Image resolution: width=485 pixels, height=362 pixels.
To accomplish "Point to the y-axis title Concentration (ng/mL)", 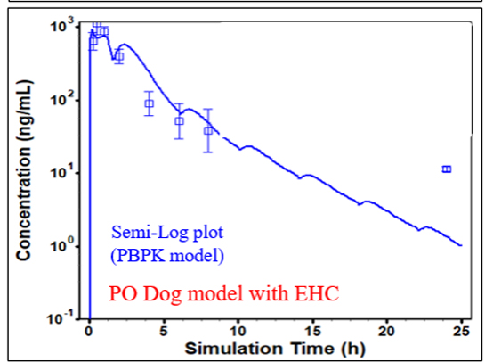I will [x=25, y=174].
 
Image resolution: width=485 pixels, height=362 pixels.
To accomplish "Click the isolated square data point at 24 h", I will [x=447, y=169].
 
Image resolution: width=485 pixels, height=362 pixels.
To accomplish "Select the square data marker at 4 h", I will [x=149, y=103].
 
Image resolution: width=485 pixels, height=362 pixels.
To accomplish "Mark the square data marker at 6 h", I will [x=179, y=121].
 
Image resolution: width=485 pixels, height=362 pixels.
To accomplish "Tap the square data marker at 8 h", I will [x=208, y=130].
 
